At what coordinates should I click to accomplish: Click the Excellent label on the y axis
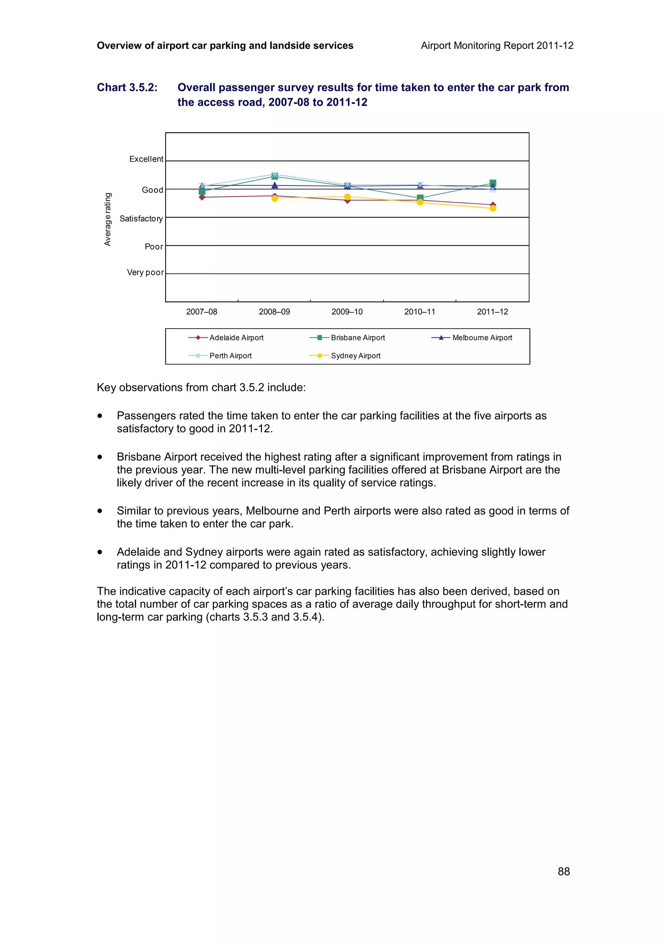pyautogui.click(x=146, y=159)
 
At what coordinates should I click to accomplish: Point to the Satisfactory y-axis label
pyautogui.click(x=141, y=219)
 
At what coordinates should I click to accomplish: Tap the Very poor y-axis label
pyautogui.click(x=145, y=273)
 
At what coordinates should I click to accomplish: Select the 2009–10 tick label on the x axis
pyautogui.click(x=347, y=312)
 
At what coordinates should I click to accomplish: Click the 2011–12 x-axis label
pyautogui.click(x=492, y=312)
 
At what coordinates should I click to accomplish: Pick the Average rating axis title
pyautogui.click(x=108, y=219)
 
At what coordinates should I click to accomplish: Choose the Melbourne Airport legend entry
pyautogui.click(x=482, y=337)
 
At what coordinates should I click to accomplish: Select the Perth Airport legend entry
pyautogui.click(x=230, y=356)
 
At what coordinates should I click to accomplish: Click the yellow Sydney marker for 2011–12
pyautogui.click(x=493, y=208)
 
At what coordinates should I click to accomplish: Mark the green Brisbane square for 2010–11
pyautogui.click(x=420, y=198)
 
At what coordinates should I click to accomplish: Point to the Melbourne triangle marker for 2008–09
pyautogui.click(x=275, y=185)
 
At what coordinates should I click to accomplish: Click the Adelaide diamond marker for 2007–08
pyautogui.click(x=202, y=197)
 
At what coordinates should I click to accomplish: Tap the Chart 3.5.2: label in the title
pyautogui.click(x=127, y=88)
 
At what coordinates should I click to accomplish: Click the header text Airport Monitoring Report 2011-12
pyautogui.click(x=497, y=46)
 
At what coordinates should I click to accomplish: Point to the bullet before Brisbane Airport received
pyautogui.click(x=100, y=457)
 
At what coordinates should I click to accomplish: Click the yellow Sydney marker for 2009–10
pyautogui.click(x=347, y=196)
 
